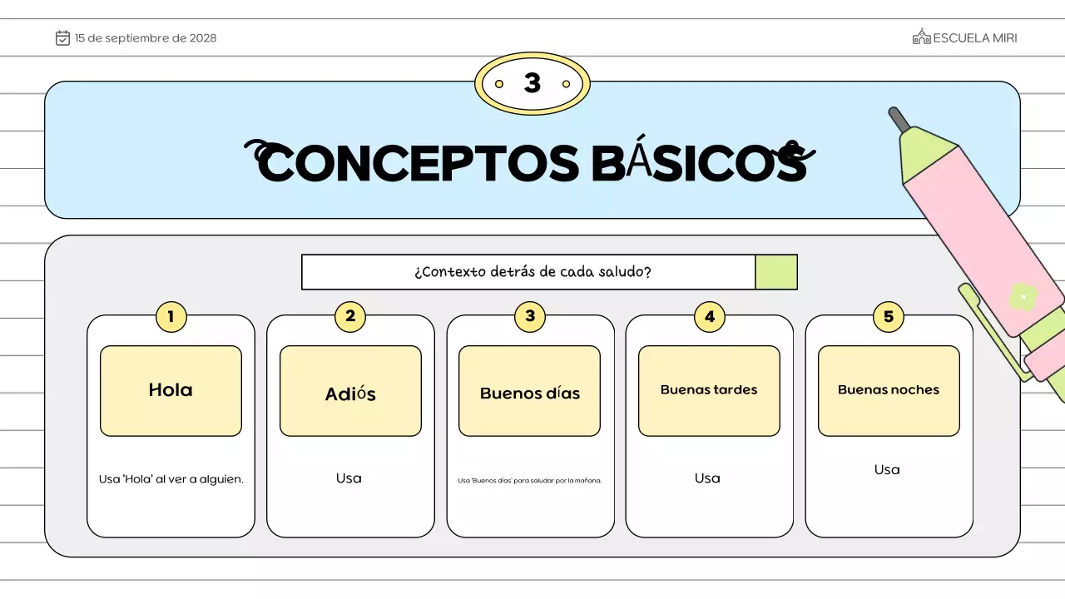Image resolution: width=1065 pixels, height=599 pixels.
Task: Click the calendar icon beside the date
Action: point(62,37)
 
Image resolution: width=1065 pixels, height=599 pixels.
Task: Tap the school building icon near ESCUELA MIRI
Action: point(921,37)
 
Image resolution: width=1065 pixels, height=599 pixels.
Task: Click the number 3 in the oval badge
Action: point(532,83)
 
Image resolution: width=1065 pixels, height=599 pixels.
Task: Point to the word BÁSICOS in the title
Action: point(699,164)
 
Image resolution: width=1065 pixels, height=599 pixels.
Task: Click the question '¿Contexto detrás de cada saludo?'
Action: point(532,272)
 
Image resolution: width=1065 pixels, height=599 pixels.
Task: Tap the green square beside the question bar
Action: point(776,272)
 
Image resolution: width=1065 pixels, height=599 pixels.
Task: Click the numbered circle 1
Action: point(171,316)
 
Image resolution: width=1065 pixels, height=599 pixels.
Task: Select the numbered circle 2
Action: point(350,316)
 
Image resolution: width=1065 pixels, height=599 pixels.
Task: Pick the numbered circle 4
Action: point(709,316)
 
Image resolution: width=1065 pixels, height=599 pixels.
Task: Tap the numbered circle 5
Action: point(889,316)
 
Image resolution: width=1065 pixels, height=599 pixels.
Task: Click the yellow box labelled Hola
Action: point(171,390)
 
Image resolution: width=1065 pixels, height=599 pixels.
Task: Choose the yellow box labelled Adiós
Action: point(350,391)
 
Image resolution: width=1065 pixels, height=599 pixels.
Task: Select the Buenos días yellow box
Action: point(529,391)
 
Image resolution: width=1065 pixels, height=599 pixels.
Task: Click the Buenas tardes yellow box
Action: point(709,390)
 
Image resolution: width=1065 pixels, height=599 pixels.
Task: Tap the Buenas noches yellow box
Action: point(889,390)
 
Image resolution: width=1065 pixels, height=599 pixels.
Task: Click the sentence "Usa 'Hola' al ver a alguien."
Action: point(171,479)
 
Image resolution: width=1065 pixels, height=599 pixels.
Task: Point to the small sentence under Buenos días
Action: point(529,480)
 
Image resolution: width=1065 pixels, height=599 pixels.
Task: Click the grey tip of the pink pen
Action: point(899,119)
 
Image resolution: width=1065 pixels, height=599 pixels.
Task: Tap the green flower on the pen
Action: point(1023,296)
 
